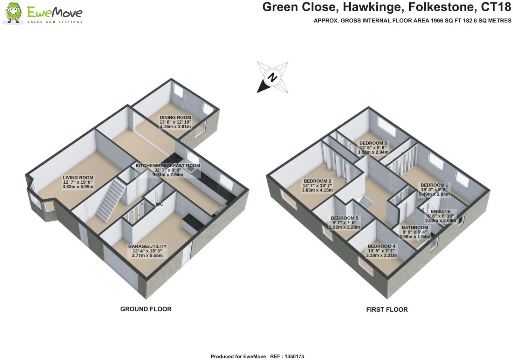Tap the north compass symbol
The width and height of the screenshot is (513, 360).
[273, 77]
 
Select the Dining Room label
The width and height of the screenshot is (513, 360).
[175, 117]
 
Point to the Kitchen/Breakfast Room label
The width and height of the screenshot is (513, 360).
[168, 165]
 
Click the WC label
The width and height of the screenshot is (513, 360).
[160, 204]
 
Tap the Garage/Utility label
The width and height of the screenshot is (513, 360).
[147, 246]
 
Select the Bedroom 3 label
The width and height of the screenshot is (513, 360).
[373, 143]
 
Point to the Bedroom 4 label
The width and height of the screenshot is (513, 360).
[381, 246]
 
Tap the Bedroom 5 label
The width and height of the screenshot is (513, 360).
[344, 218]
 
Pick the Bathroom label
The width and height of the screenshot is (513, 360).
[415, 228]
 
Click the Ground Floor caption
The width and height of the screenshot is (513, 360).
[146, 309]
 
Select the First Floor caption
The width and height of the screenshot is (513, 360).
[387, 310]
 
